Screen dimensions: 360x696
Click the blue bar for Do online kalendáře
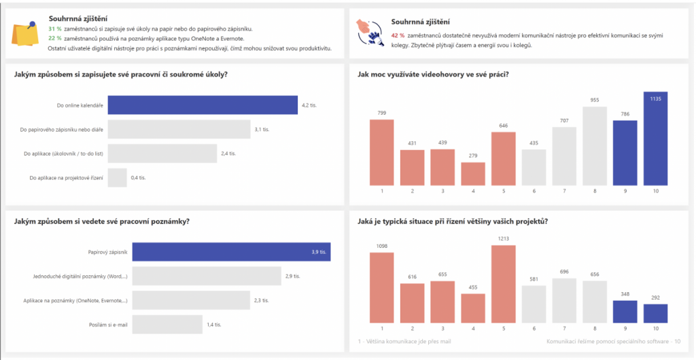[x=203, y=105]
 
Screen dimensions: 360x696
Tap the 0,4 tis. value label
[x=138, y=178]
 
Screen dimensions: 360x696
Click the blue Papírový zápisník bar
[x=231, y=252]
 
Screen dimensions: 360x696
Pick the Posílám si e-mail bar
[x=167, y=325]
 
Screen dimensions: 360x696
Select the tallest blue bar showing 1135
[x=655, y=139]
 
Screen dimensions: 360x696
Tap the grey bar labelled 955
[x=595, y=146]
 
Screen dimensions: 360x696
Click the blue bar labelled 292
[x=655, y=313]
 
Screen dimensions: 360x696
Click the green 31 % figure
[x=55, y=29]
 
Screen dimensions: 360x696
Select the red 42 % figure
[x=398, y=35]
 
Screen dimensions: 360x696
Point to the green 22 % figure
[x=55, y=39]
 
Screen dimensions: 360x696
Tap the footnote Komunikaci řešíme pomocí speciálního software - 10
[x=613, y=341]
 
